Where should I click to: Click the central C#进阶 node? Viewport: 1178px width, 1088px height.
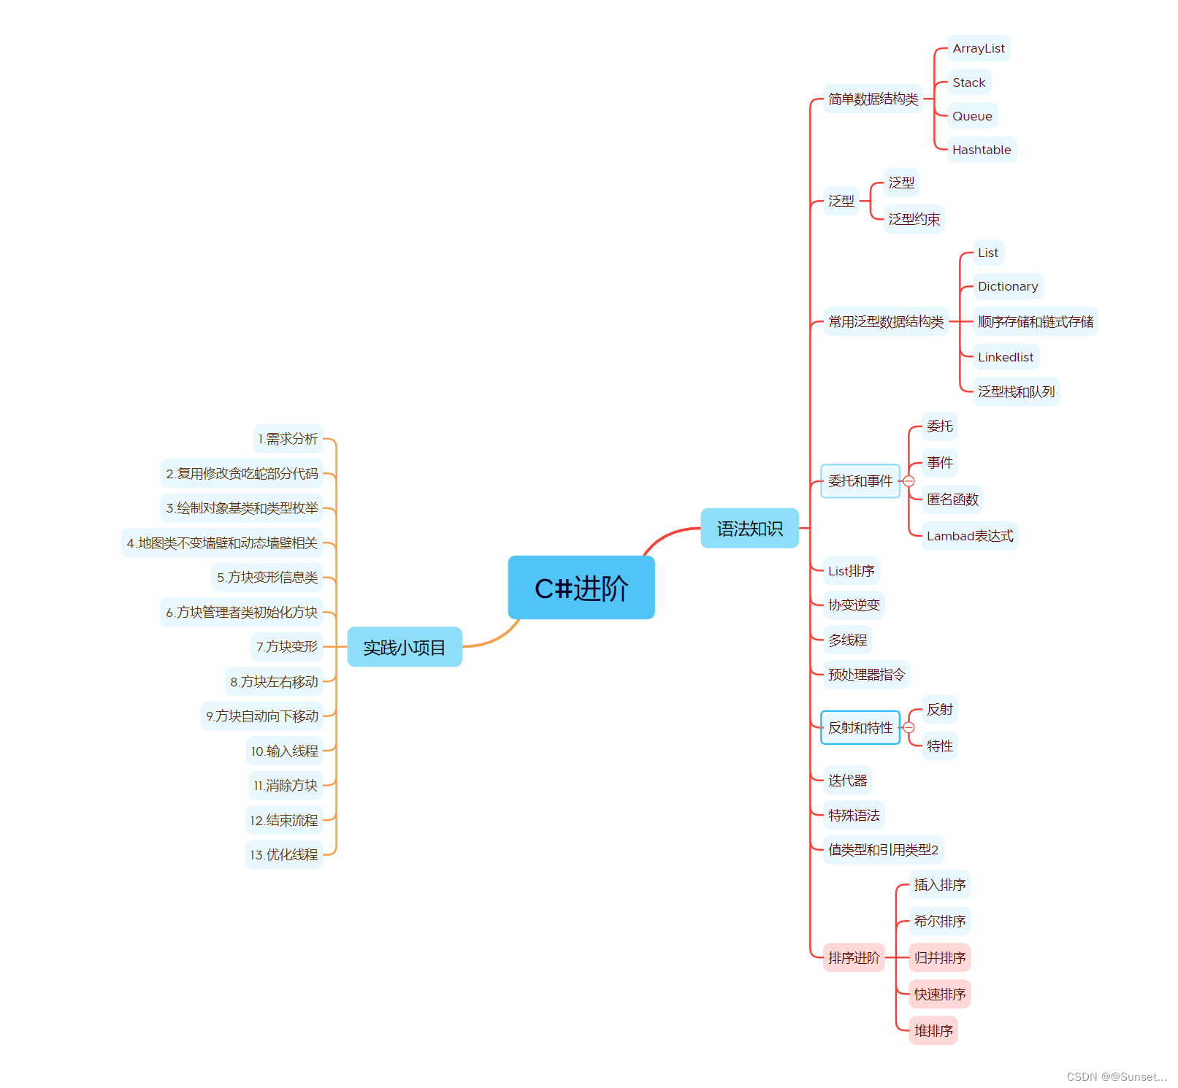pos(581,588)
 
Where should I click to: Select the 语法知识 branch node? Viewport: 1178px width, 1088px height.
pos(749,528)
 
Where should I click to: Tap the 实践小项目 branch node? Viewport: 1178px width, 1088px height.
pos(404,647)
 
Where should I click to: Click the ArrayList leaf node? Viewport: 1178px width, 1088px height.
pos(978,48)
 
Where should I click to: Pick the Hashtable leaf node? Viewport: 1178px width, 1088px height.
pos(981,150)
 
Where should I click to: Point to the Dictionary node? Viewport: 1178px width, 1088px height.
pos(1007,286)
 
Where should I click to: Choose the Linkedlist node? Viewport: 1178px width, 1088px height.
pos(1005,357)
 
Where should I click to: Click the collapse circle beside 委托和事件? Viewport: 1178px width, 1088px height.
pos(909,481)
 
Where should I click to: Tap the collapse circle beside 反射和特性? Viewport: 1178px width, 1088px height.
pos(909,728)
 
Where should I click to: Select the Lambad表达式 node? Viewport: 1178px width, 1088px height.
pos(969,536)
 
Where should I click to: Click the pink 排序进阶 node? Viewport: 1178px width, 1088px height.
pos(853,957)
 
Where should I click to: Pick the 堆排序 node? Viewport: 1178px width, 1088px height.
pos(933,1030)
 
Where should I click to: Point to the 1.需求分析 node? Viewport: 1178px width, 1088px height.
pos(288,439)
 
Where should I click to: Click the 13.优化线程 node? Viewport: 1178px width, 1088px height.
pos(284,854)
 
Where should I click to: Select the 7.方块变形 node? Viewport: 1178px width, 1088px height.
pos(286,647)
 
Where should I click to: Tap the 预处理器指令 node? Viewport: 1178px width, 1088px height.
pos(866,675)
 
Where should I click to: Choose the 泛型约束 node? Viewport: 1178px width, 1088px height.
pos(914,219)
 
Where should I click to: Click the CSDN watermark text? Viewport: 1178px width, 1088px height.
pos(1116,1076)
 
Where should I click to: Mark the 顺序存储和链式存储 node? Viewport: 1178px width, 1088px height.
pos(1035,322)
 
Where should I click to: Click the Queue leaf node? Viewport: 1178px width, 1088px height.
pos(971,116)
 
